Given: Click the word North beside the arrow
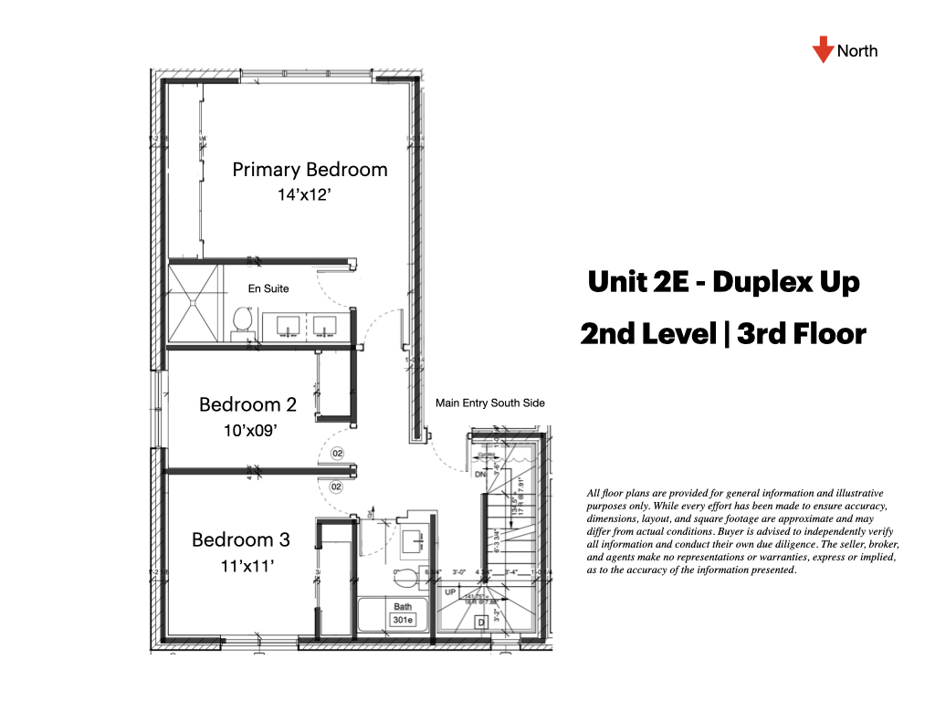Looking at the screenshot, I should pyautogui.click(x=857, y=51).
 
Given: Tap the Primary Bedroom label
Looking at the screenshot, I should pyautogui.click(x=310, y=170).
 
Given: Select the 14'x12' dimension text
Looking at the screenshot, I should pyautogui.click(x=309, y=194).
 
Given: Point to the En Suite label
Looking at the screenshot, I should pyautogui.click(x=268, y=288).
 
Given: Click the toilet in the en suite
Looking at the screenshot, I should pyautogui.click(x=241, y=320).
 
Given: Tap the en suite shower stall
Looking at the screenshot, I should pyautogui.click(x=194, y=305).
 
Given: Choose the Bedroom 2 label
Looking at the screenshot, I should pyautogui.click(x=247, y=404).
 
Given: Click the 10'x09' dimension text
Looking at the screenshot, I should pyautogui.click(x=247, y=430).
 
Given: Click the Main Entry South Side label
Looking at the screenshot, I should pyautogui.click(x=489, y=403).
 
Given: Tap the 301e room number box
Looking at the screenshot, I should pyautogui.click(x=404, y=620).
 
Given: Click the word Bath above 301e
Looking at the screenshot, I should pyautogui.click(x=403, y=606).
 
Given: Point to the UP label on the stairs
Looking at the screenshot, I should pyautogui.click(x=450, y=592).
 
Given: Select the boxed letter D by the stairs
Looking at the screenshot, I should pyautogui.click(x=481, y=623).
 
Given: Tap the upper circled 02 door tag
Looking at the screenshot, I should pyautogui.click(x=337, y=453).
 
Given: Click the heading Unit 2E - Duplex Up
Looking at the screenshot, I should pyautogui.click(x=723, y=282).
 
